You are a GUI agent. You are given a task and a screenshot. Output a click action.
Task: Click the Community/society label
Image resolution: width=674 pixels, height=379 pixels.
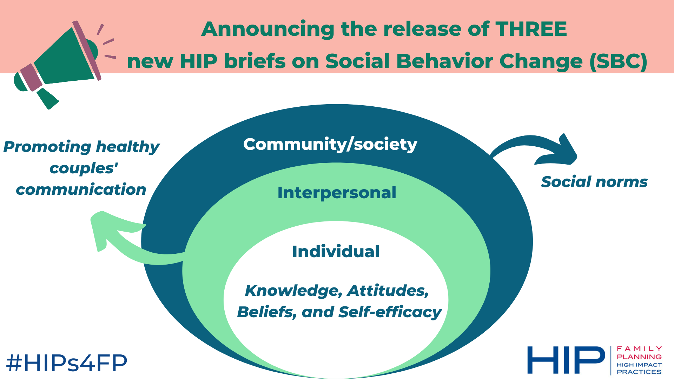(x=330, y=144)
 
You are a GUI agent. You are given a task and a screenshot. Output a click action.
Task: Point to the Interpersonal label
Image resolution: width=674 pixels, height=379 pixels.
(x=337, y=193)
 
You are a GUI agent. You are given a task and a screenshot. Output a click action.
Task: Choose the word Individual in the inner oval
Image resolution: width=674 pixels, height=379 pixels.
(x=336, y=252)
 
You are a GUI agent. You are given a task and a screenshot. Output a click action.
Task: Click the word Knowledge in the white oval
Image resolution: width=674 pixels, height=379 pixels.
(x=294, y=291)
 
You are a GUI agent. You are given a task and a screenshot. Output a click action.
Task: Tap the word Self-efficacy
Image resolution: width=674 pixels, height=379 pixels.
(x=390, y=312)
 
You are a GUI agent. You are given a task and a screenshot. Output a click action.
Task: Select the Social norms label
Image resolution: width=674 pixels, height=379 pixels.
(x=594, y=182)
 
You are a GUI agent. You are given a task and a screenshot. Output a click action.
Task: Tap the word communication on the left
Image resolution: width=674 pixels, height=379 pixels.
(x=81, y=190)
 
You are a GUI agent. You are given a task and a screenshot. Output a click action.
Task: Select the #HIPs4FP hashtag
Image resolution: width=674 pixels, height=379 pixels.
(x=67, y=363)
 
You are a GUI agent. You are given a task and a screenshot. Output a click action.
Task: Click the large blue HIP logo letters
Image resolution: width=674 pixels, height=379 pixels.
(x=566, y=360)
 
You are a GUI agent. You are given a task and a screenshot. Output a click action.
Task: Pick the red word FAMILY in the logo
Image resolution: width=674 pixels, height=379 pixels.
(x=639, y=349)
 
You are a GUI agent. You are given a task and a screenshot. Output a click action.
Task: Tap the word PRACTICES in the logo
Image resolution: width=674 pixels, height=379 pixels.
(x=639, y=372)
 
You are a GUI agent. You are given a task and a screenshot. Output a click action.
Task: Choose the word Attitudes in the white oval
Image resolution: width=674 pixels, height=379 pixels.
(x=388, y=291)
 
